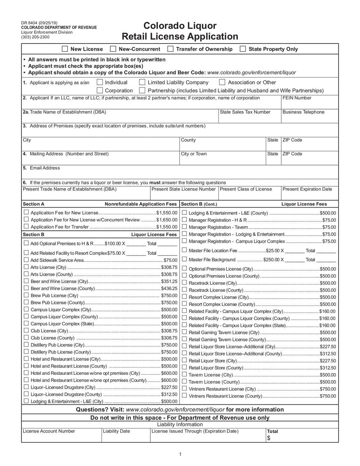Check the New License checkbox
[x=65, y=49]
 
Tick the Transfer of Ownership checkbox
[x=170, y=49]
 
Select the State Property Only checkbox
[x=243, y=49]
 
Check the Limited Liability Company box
[x=142, y=82]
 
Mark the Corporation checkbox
[x=100, y=90]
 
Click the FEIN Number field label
[x=297, y=98]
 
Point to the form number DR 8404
[x=29, y=23]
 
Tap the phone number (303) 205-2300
[x=35, y=37]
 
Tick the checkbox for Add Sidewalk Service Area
[x=26, y=260]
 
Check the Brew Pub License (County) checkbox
[x=26, y=302]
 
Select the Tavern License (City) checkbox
[x=184, y=374]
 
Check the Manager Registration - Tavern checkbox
[x=184, y=227]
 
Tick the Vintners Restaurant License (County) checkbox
[x=184, y=395]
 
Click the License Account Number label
[x=49, y=431]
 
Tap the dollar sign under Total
[x=268, y=438]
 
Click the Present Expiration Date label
[x=307, y=189]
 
